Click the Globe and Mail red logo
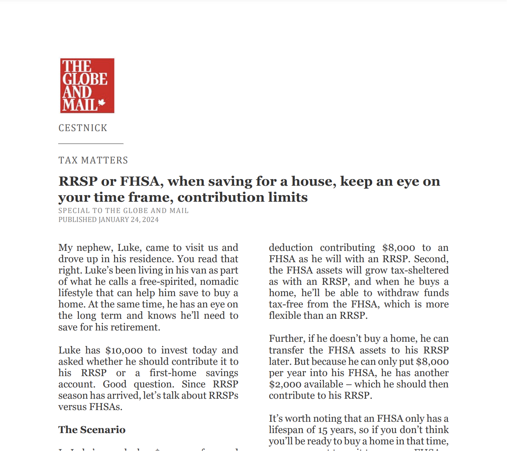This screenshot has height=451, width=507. [87, 86]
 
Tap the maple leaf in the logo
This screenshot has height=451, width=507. [102, 103]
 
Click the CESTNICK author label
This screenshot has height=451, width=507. [83, 128]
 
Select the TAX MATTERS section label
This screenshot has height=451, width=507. [93, 160]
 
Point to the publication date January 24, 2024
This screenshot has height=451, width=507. [129, 220]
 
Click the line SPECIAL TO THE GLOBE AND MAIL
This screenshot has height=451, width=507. [123, 211]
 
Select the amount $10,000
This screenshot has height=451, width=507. [124, 350]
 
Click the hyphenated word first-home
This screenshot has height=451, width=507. [173, 373]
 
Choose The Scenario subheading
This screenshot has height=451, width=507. [92, 430]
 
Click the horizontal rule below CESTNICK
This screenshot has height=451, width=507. [91, 144]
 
